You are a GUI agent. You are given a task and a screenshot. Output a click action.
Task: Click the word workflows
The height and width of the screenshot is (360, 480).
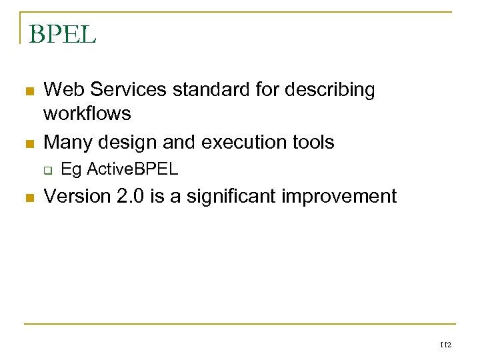pyautogui.click(x=87, y=114)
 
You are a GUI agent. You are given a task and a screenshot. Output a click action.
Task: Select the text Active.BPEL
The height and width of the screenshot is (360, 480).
pyautogui.click(x=133, y=169)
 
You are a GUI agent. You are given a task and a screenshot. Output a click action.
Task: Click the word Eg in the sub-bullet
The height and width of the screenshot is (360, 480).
pyautogui.click(x=71, y=170)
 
